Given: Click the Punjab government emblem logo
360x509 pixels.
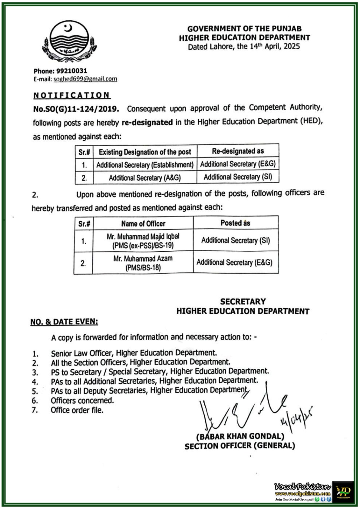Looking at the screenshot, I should coord(69,41).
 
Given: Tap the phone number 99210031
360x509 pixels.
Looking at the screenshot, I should coord(74,71).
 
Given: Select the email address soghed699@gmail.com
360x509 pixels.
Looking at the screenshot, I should coord(85,79).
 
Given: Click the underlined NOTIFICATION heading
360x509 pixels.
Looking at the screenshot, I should coord(72,95).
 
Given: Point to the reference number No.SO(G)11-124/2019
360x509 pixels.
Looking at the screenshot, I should coord(76,109).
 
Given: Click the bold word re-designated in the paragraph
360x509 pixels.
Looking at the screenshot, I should coord(147,122).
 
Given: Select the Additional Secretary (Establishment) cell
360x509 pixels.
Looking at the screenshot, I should coord(145,165).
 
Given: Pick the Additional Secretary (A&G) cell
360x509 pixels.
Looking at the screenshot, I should coord(145,178).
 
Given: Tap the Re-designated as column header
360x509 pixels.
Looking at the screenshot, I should coord(238,151).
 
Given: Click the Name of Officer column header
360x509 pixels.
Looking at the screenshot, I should coord(143,224).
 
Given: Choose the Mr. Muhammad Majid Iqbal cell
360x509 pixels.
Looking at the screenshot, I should coord(143,241).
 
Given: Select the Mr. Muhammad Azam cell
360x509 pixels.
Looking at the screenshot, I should coord(143,263).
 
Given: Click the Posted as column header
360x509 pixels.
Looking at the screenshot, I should coord(235,223).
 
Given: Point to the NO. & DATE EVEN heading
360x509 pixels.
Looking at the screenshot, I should coord(64,322).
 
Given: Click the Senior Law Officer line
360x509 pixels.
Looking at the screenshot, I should coord(134,353).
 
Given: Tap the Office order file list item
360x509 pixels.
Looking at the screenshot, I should coord(77,410).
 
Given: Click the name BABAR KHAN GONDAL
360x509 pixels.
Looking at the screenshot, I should coord(240,436).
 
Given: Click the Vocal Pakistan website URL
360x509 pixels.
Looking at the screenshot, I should coord(303,493).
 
